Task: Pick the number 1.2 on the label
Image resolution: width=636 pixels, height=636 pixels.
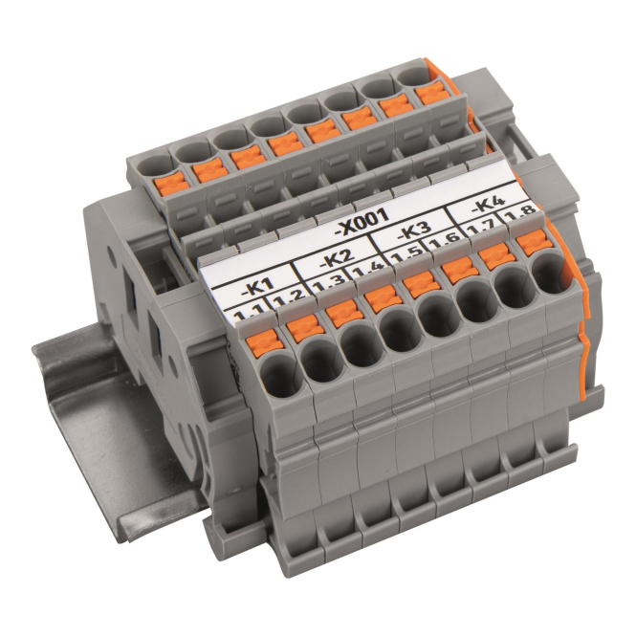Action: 287,300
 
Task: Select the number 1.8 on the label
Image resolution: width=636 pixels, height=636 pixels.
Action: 520,214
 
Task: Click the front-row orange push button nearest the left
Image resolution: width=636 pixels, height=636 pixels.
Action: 264,343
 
